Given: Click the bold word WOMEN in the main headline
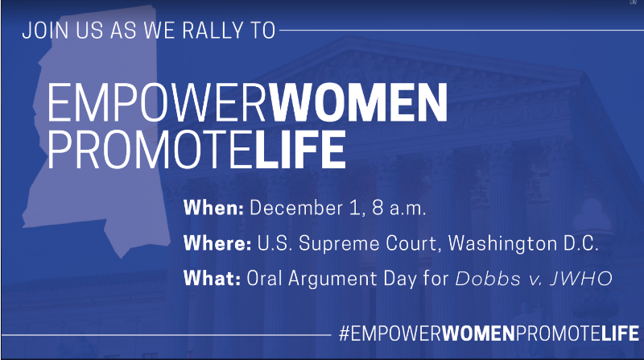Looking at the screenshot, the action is click(358, 102).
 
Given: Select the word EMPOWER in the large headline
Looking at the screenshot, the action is click(158, 102).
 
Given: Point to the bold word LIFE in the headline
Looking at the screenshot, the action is click(300, 149).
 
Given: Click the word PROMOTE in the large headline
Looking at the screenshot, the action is click(151, 149).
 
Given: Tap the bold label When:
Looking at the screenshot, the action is click(213, 208).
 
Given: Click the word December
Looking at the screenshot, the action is click(296, 208).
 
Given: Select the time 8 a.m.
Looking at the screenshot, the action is click(399, 208).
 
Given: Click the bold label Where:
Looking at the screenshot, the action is click(217, 243).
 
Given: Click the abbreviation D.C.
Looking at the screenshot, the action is click(580, 243).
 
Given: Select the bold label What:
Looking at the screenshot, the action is click(212, 278).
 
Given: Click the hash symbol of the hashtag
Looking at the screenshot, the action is click(345, 333).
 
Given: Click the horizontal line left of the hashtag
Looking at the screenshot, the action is click(166, 335).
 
